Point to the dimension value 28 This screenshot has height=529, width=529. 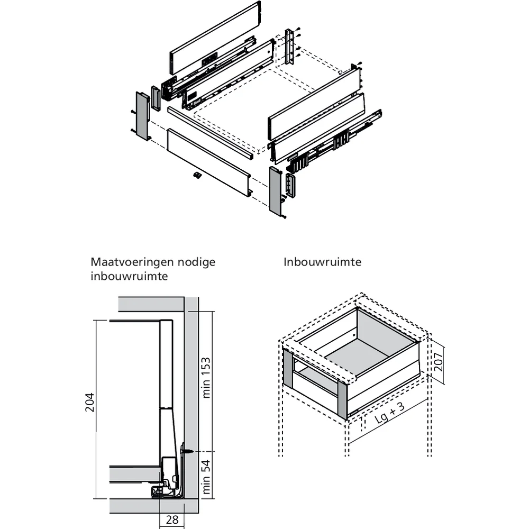pyautogui.click(x=172, y=519)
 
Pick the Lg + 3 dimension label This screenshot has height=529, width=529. pyautogui.click(x=393, y=415)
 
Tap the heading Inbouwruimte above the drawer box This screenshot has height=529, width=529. pyautogui.click(x=322, y=262)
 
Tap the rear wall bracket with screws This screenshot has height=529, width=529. pyautogui.click(x=289, y=47)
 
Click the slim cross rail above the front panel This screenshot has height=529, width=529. pyautogui.click(x=209, y=132)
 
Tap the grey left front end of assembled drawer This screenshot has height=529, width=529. pyautogui.click(x=289, y=369)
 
